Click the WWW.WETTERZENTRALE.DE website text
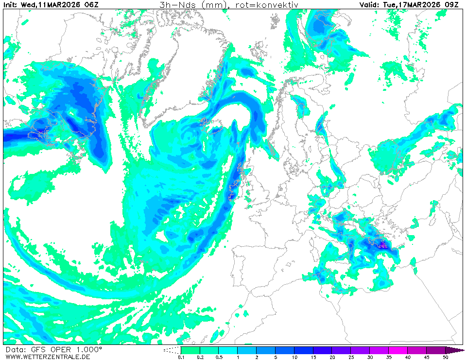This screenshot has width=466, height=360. coord(45,357)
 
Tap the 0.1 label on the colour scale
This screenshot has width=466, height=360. coord(181,358)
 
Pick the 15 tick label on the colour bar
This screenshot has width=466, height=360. coord(313,358)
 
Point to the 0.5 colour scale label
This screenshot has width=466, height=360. coord(219,358)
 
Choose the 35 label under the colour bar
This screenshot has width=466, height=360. coord(389,358)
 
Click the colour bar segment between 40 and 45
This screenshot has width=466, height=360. coord(417,350)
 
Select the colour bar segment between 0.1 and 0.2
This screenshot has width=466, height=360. coord(190,350)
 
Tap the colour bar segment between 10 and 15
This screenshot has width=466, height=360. coord(304,350)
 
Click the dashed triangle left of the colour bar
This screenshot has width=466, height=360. coord(172,350)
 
